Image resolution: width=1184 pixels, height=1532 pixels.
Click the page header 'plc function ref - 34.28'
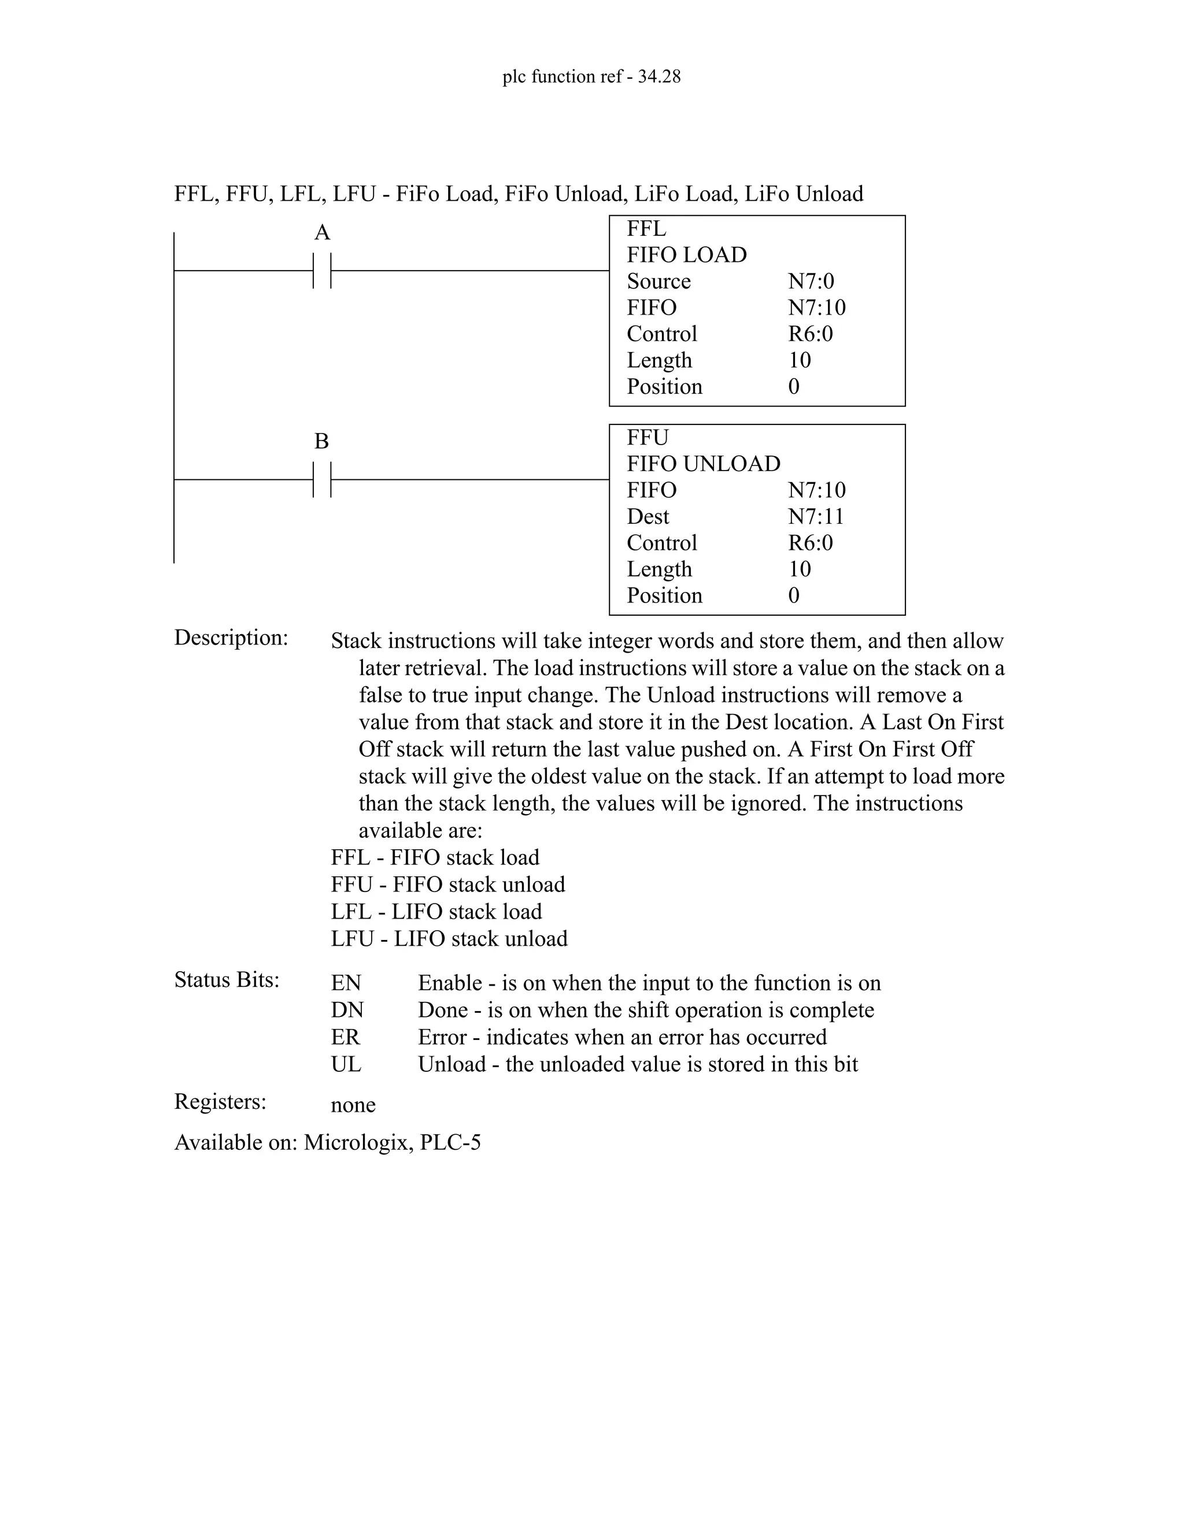pos(591,76)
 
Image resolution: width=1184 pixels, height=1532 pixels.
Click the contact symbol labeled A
pos(322,270)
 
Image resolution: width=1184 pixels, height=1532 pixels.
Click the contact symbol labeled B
pos(322,480)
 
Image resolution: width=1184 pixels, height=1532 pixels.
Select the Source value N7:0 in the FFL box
pos(811,282)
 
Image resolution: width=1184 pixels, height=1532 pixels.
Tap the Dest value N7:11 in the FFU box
pos(816,516)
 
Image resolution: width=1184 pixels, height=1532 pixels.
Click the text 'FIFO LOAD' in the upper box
pos(687,254)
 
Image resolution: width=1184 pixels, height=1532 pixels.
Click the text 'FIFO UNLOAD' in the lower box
pos(703,464)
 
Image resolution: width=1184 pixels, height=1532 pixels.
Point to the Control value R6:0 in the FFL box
pos(810,334)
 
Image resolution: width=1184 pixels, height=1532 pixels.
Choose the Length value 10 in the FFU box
pos(800,569)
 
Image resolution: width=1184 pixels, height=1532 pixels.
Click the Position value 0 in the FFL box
pos(794,387)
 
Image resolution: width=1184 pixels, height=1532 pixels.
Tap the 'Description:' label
pos(231,638)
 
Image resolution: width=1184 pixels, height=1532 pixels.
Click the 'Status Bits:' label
pos(227,980)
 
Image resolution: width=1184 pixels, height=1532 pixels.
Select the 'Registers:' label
pos(220,1101)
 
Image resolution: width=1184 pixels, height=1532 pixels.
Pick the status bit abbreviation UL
pos(346,1064)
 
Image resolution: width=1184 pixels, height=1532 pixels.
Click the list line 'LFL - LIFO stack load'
pos(436,912)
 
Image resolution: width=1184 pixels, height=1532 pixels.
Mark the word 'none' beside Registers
pos(353,1105)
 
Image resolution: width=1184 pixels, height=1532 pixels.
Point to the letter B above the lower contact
pos(321,441)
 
